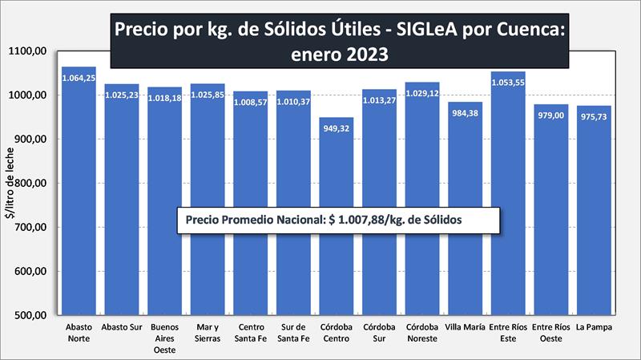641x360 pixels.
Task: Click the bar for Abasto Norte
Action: (78, 200)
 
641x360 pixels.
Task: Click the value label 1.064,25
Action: (78, 78)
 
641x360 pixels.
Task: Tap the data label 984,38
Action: (465, 113)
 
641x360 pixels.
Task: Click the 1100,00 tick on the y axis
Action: (30, 51)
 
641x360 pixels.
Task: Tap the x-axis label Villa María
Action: (465, 327)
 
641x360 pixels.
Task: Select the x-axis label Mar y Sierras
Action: (207, 333)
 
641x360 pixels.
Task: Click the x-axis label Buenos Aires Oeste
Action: (164, 338)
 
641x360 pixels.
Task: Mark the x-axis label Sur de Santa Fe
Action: (292, 333)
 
